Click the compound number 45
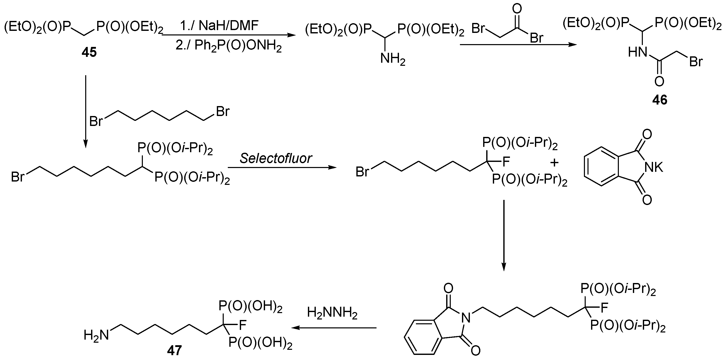tap(89, 53)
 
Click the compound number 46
tap(660, 100)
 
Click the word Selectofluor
tap(276, 158)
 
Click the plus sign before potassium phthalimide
tap(554, 162)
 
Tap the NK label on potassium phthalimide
tap(654, 168)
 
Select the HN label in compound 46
tap(637, 52)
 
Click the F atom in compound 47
tap(242, 325)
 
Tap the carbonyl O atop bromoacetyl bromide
tap(517, 9)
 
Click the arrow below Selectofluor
tap(282, 168)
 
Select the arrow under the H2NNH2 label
tap(334, 328)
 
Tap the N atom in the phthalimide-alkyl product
tap(466, 318)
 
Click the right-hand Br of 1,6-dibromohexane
tap(223, 112)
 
